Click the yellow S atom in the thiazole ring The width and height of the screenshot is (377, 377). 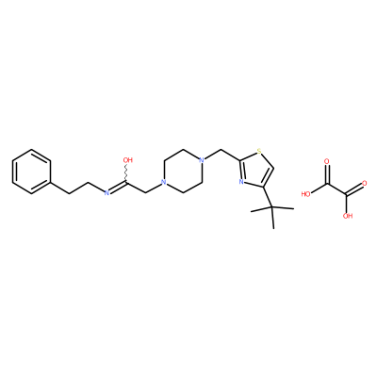click(259, 152)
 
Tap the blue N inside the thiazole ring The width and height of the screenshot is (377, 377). click(241, 182)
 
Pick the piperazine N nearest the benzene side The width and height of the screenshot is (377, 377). click(163, 182)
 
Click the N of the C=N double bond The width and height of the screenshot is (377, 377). click(107, 193)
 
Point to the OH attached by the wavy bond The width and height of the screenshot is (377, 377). click(127, 159)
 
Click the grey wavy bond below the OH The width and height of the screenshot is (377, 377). click(127, 172)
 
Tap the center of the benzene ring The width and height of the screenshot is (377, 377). click(31, 172)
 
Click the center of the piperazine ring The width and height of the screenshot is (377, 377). click(182, 171)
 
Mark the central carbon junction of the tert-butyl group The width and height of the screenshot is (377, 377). click(272, 207)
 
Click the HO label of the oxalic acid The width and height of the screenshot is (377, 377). click(305, 194)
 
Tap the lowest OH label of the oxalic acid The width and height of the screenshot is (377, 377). click(348, 216)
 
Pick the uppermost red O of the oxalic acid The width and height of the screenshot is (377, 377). click(327, 161)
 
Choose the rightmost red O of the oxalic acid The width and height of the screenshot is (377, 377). click(365, 183)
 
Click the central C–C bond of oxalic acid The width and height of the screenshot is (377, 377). click(337, 189)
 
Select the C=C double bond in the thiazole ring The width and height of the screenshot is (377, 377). click(269, 177)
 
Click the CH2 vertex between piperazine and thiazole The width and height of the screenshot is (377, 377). click(221, 150)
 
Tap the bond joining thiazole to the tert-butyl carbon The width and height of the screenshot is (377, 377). click(268, 198)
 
